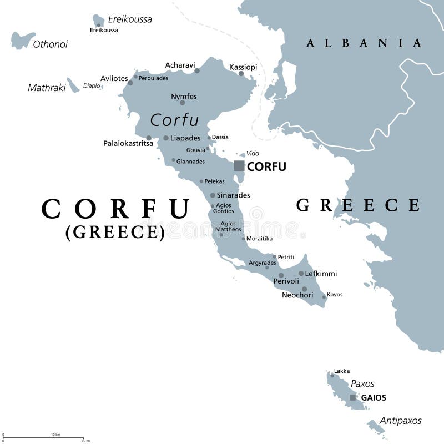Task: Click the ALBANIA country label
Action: tap(364, 43)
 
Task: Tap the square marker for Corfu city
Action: tap(239, 165)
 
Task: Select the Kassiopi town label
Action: tap(243, 67)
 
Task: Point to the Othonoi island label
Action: tap(50, 44)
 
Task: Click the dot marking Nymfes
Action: tap(182, 103)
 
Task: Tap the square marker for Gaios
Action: tap(352, 397)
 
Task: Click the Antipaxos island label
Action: tap(401, 421)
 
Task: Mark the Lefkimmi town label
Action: tap(321, 274)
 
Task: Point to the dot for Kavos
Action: tap(324, 297)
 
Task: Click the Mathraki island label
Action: tap(47, 87)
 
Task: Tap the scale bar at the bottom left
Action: tap(44, 438)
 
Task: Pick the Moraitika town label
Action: tap(259, 239)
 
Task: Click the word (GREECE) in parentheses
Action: tap(115, 232)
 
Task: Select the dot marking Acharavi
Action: tap(197, 71)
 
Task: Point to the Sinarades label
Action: tap(234, 195)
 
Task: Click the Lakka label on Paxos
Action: tap(342, 371)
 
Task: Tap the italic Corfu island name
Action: tap(174, 120)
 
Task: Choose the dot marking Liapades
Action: tap(166, 138)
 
